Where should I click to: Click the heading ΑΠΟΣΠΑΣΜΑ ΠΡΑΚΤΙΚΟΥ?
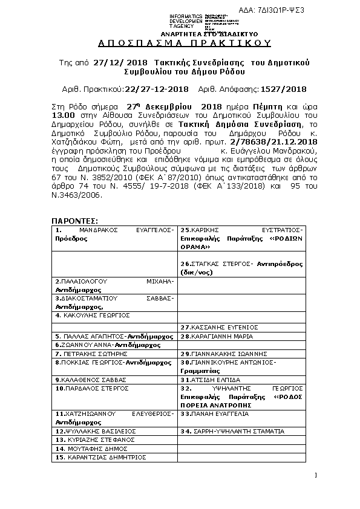[185, 43]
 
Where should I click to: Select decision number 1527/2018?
[283, 89]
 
